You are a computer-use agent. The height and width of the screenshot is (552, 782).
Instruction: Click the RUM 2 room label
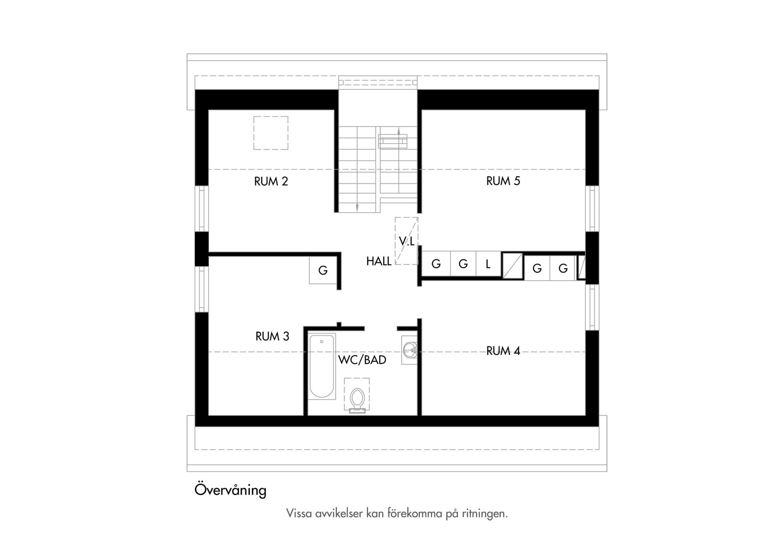271,181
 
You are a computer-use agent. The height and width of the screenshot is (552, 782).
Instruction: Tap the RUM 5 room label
503,181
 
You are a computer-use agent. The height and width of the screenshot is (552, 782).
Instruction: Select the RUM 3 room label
272,336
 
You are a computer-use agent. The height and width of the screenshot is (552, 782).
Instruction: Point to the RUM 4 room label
503,351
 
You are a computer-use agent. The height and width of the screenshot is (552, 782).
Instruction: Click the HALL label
379,262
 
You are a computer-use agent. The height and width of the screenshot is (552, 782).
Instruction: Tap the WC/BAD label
362,360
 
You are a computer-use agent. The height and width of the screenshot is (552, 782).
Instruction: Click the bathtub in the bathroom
322,366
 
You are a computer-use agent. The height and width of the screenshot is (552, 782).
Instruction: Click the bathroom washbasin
409,350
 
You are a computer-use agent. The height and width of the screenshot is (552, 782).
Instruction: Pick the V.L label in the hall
406,242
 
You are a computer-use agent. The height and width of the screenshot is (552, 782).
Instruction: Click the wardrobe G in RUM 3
323,270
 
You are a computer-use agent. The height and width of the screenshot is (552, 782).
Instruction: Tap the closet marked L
488,264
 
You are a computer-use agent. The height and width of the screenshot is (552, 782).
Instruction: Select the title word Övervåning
231,490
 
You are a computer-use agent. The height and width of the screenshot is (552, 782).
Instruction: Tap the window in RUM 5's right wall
592,209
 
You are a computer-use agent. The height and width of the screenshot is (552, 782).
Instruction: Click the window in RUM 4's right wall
592,307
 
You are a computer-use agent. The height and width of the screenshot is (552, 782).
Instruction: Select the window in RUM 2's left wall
202,209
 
